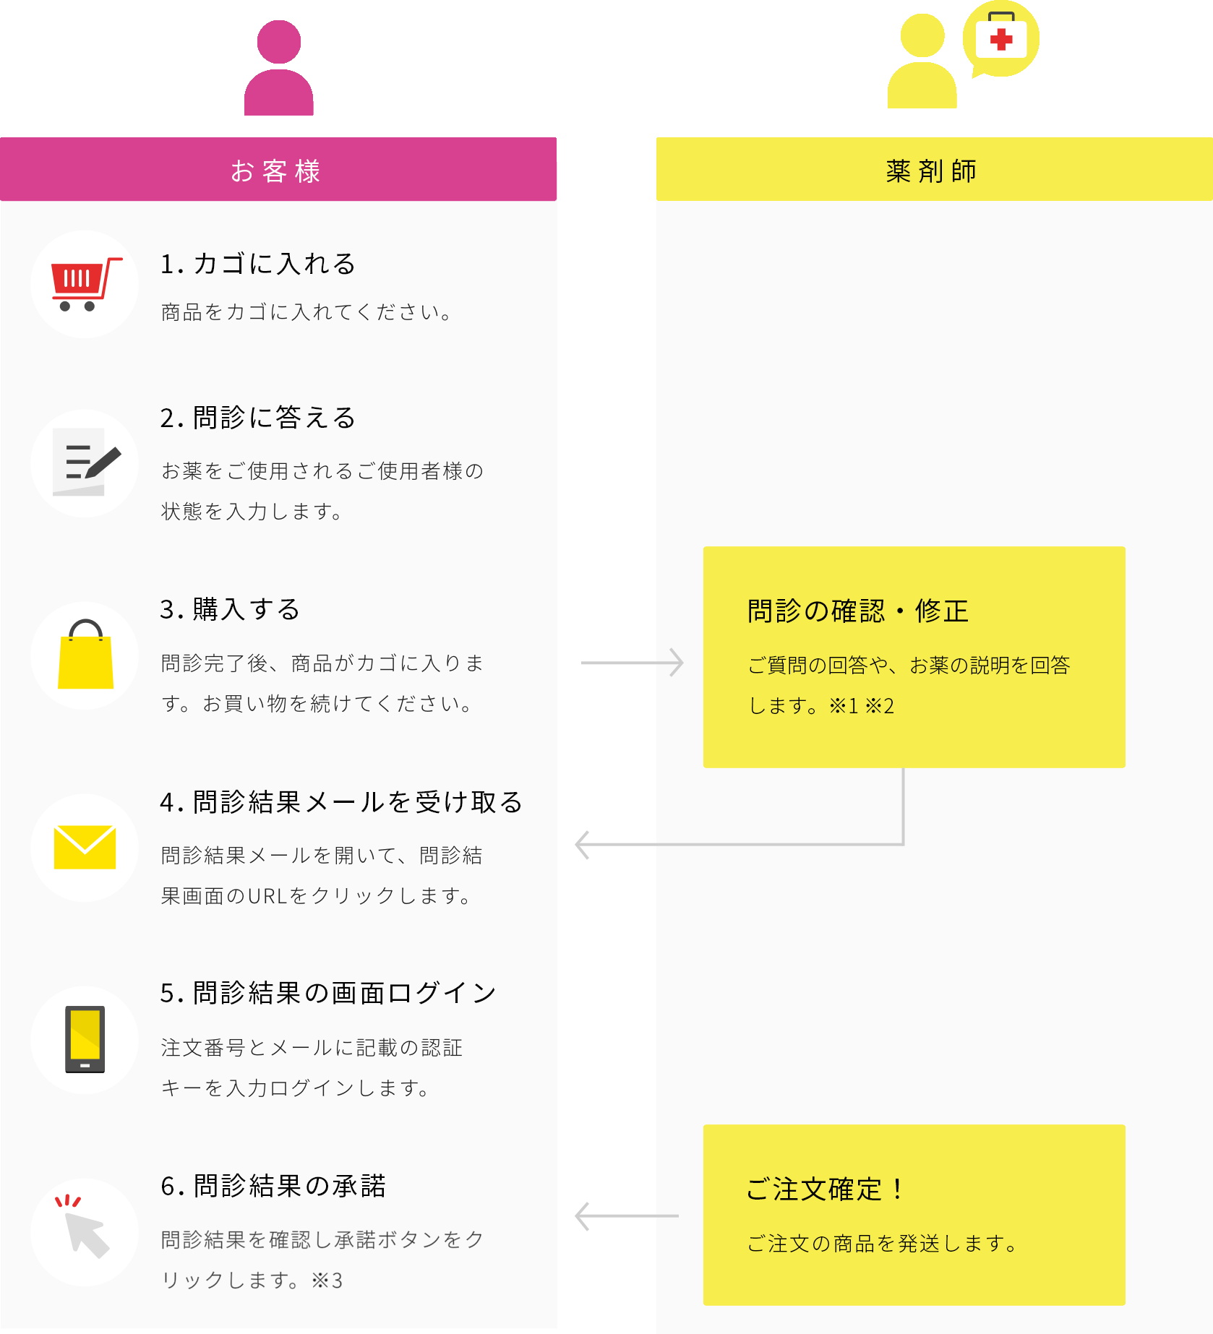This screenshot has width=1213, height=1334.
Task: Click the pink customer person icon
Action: coord(278,68)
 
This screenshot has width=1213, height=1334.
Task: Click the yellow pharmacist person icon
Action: coord(922,61)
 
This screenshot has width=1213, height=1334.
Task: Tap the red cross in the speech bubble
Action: coord(1001,39)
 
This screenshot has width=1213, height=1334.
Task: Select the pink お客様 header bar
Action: coord(278,169)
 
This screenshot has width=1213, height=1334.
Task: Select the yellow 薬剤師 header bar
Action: coord(934,169)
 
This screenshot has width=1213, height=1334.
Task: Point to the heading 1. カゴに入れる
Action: coord(258,264)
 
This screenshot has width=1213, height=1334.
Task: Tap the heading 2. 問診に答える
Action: coord(258,418)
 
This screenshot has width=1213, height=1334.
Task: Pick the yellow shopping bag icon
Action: coord(85,655)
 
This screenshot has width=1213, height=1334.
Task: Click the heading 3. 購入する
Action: coord(230,609)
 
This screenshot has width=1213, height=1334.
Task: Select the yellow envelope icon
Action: coord(85,847)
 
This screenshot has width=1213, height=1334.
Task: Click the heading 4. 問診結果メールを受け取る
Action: coord(341,802)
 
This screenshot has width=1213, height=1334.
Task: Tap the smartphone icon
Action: coord(85,1039)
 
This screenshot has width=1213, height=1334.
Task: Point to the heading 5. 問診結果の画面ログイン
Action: coord(328,994)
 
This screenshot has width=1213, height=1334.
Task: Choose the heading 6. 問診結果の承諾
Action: coord(273,1186)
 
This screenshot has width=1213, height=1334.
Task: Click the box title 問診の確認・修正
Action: coord(858,611)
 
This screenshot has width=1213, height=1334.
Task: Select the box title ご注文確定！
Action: coord(826,1189)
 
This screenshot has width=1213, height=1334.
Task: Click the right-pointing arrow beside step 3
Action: coord(633,662)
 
